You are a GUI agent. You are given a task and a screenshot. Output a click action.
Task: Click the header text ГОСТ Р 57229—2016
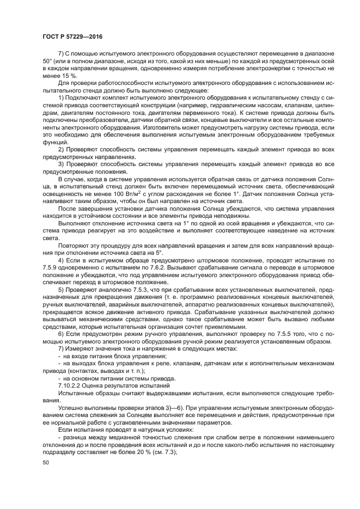72,36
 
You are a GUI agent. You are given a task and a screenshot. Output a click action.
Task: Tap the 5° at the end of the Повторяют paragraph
159,253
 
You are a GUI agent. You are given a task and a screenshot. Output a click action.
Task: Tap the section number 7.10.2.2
72,384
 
